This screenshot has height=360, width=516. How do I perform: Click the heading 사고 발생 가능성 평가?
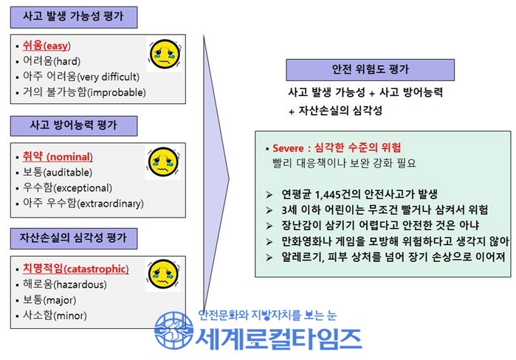click(73, 16)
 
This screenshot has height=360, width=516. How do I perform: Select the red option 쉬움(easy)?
click(47, 46)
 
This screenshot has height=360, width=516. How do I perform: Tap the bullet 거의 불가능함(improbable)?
click(84, 92)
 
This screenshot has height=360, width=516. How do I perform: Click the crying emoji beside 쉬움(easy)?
click(165, 54)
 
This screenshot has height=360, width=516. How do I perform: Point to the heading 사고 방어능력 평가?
click(73, 125)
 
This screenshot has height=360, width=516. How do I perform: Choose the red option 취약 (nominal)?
click(58, 156)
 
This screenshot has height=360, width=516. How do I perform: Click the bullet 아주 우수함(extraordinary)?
click(83, 203)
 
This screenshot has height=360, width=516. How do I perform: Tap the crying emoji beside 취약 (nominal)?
click(163, 162)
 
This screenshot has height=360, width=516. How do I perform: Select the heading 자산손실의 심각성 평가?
click(73, 238)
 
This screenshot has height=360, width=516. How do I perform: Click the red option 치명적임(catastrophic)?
click(75, 269)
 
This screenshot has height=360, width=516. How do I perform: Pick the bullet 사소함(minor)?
click(55, 316)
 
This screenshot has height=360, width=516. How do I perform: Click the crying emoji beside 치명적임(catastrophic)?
click(164, 274)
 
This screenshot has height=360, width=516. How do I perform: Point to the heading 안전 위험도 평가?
click(371, 69)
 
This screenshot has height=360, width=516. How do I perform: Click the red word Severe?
click(288, 148)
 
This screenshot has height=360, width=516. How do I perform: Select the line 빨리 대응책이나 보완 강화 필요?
click(344, 163)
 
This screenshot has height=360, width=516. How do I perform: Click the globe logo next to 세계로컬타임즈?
click(174, 330)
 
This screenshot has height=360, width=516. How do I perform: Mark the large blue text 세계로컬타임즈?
click(279, 339)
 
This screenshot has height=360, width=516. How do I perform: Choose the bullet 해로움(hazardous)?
click(64, 284)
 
